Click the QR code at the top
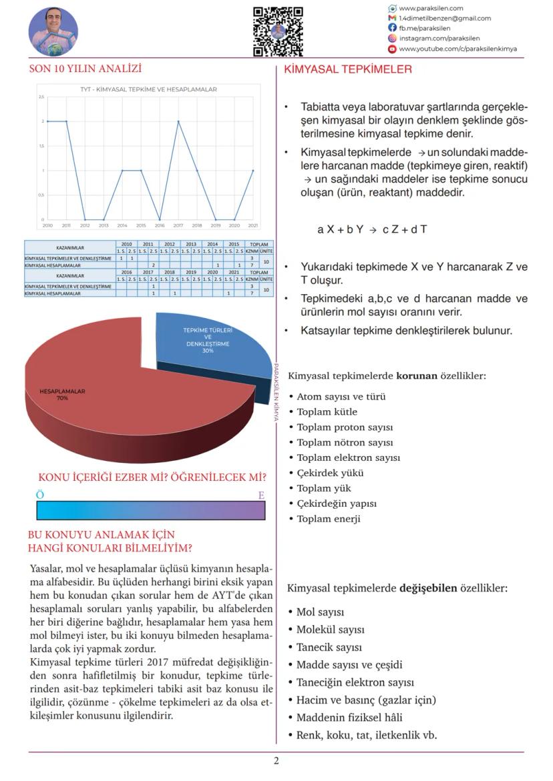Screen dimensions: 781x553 pyautogui.click(x=278, y=31)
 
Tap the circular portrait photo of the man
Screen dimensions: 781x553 pyautogui.click(x=53, y=31)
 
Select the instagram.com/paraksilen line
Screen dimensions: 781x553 pyautogui.click(x=439, y=39)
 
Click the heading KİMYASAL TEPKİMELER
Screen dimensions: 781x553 pyautogui.click(x=348, y=69)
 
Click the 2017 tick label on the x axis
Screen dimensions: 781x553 pyautogui.click(x=178, y=225)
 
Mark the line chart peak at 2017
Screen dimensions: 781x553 pyautogui.click(x=178, y=121)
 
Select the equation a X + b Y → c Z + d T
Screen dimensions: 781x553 pyautogui.click(x=372, y=229)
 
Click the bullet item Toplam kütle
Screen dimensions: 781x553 pyautogui.click(x=327, y=412)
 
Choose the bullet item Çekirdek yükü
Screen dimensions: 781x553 pyautogui.click(x=330, y=473)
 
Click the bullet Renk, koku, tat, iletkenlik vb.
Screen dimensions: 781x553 pyautogui.click(x=367, y=735)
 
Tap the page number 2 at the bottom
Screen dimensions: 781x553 pyautogui.click(x=276, y=761)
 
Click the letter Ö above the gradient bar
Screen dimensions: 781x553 pyautogui.click(x=40, y=495)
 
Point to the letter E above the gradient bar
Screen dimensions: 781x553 pyautogui.click(x=261, y=495)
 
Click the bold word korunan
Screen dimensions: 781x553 pyautogui.click(x=417, y=376)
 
